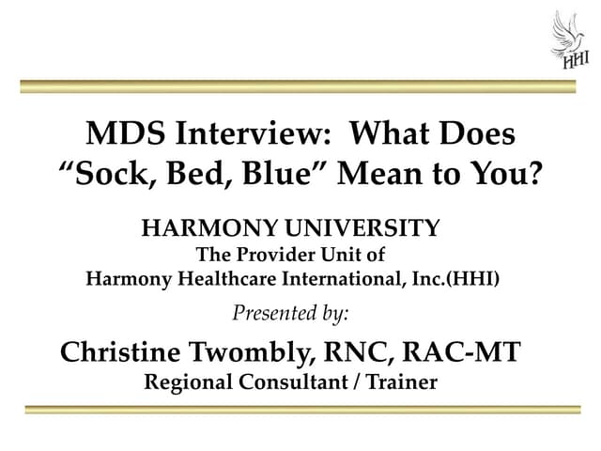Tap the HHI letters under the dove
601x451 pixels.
tap(575, 61)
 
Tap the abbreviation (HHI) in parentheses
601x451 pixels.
tap(473, 278)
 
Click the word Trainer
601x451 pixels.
tap(402, 382)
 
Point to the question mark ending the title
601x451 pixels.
tap(535, 174)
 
